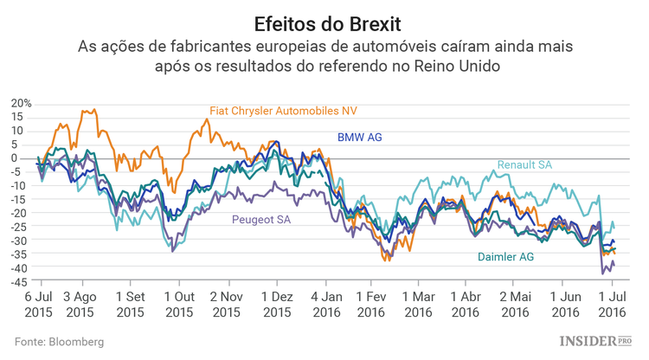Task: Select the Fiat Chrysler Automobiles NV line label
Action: click(x=283, y=111)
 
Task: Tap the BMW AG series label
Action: click(x=359, y=137)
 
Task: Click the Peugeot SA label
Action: click(x=260, y=220)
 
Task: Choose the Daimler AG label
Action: click(x=506, y=257)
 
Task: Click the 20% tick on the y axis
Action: click(x=21, y=103)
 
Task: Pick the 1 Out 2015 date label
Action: click(x=179, y=304)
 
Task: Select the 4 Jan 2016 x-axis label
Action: click(x=325, y=304)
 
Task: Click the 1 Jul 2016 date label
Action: click(x=612, y=304)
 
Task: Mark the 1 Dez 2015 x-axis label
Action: click(x=276, y=304)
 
